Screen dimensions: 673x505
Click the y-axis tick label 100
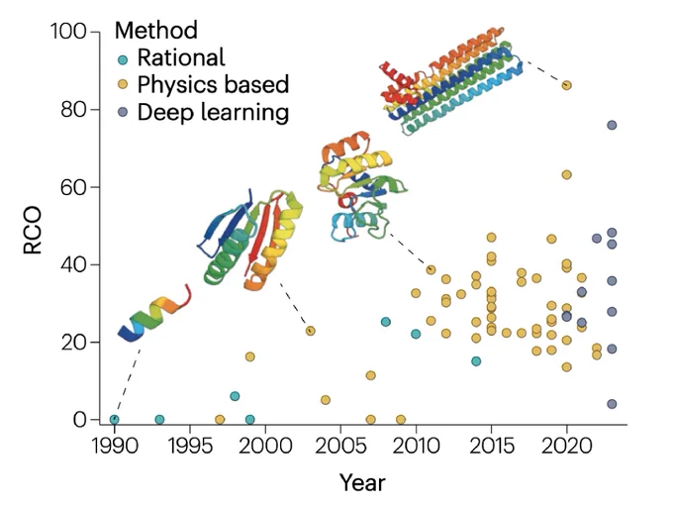point(68,32)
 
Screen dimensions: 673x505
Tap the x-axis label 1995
point(190,446)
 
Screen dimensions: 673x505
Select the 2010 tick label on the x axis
point(416,446)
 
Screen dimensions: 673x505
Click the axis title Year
point(362,482)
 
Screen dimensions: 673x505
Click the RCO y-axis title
point(33,231)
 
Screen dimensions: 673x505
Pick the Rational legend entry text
point(181,57)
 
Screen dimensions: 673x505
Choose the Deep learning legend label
point(213,112)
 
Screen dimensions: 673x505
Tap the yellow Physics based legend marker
point(123,84)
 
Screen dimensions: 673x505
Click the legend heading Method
point(156,30)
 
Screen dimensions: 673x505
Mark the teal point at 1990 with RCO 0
point(114,420)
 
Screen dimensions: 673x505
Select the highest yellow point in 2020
point(566,85)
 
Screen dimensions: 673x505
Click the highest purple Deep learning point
point(612,125)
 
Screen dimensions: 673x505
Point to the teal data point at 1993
point(159,420)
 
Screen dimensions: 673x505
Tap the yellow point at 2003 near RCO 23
point(311,331)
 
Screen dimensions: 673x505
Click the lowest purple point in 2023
point(612,404)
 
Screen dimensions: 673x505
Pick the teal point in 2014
point(476,361)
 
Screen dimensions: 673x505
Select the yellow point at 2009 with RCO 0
point(401,420)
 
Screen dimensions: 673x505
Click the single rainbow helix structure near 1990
point(154,314)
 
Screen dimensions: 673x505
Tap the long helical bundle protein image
point(450,81)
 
